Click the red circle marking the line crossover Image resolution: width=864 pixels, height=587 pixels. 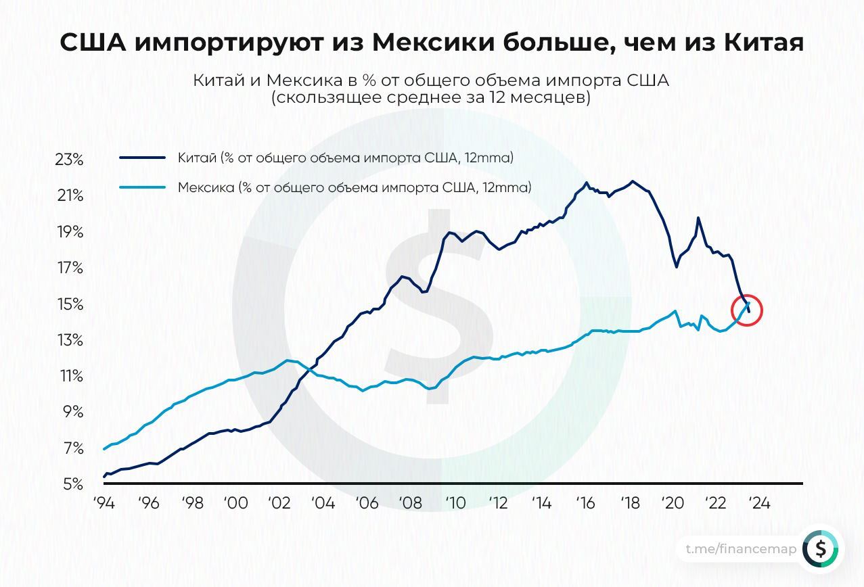pos(747,310)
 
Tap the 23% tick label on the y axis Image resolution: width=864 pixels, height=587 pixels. pos(69,160)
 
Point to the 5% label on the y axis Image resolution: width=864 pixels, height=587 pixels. pos(72,484)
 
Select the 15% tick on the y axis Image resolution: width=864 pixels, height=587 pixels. pos(69,304)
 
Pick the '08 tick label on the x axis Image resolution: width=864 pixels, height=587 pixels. pos(410,503)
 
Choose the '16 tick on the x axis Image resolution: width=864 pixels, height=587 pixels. pos(585,503)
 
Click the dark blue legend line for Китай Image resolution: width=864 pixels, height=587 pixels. pos(143,158)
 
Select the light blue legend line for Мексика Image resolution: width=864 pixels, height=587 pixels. pos(143,187)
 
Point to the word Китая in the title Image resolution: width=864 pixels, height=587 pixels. pos(765,43)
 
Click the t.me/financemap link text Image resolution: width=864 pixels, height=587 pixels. pos(741,549)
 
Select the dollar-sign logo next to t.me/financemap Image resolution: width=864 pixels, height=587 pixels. pos(820,549)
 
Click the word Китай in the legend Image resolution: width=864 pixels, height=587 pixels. pos(197,158)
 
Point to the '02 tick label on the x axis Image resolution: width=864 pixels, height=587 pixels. pos(279,503)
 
